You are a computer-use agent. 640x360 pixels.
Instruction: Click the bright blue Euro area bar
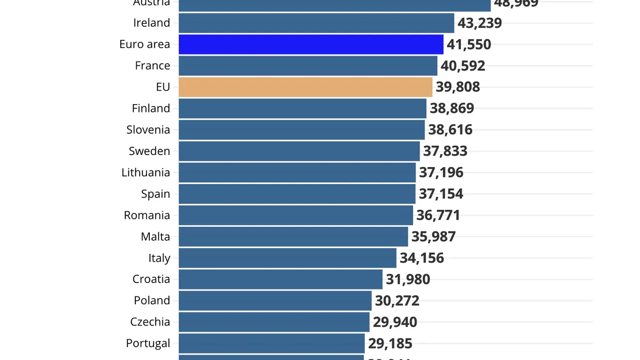[311, 44]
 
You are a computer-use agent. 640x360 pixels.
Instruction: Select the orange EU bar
[305, 87]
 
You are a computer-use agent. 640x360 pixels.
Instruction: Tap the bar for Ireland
[316, 23]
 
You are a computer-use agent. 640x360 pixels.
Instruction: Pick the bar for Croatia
[280, 279]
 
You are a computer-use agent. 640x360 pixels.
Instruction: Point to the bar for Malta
[293, 236]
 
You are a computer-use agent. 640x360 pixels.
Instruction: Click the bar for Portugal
[272, 343]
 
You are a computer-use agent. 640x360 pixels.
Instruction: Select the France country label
[152, 65]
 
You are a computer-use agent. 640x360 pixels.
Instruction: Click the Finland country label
[151, 108]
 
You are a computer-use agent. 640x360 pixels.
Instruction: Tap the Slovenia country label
[148, 129]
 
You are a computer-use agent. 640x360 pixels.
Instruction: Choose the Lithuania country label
[145, 172]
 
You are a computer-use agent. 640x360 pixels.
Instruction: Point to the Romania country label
[147, 215]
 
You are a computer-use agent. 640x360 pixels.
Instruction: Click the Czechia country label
[150, 322]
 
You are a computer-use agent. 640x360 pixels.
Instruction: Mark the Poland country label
[152, 300]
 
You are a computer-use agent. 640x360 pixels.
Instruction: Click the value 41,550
[468, 44]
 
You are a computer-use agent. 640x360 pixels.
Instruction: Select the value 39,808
[457, 87]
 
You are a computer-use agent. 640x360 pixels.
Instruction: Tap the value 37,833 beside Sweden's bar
[445, 151]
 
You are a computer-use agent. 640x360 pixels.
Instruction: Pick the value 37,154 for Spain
[441, 194]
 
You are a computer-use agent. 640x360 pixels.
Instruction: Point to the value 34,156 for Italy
[421, 258]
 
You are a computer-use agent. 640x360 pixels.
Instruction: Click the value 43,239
[480, 23]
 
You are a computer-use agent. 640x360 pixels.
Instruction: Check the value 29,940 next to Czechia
[395, 322]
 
